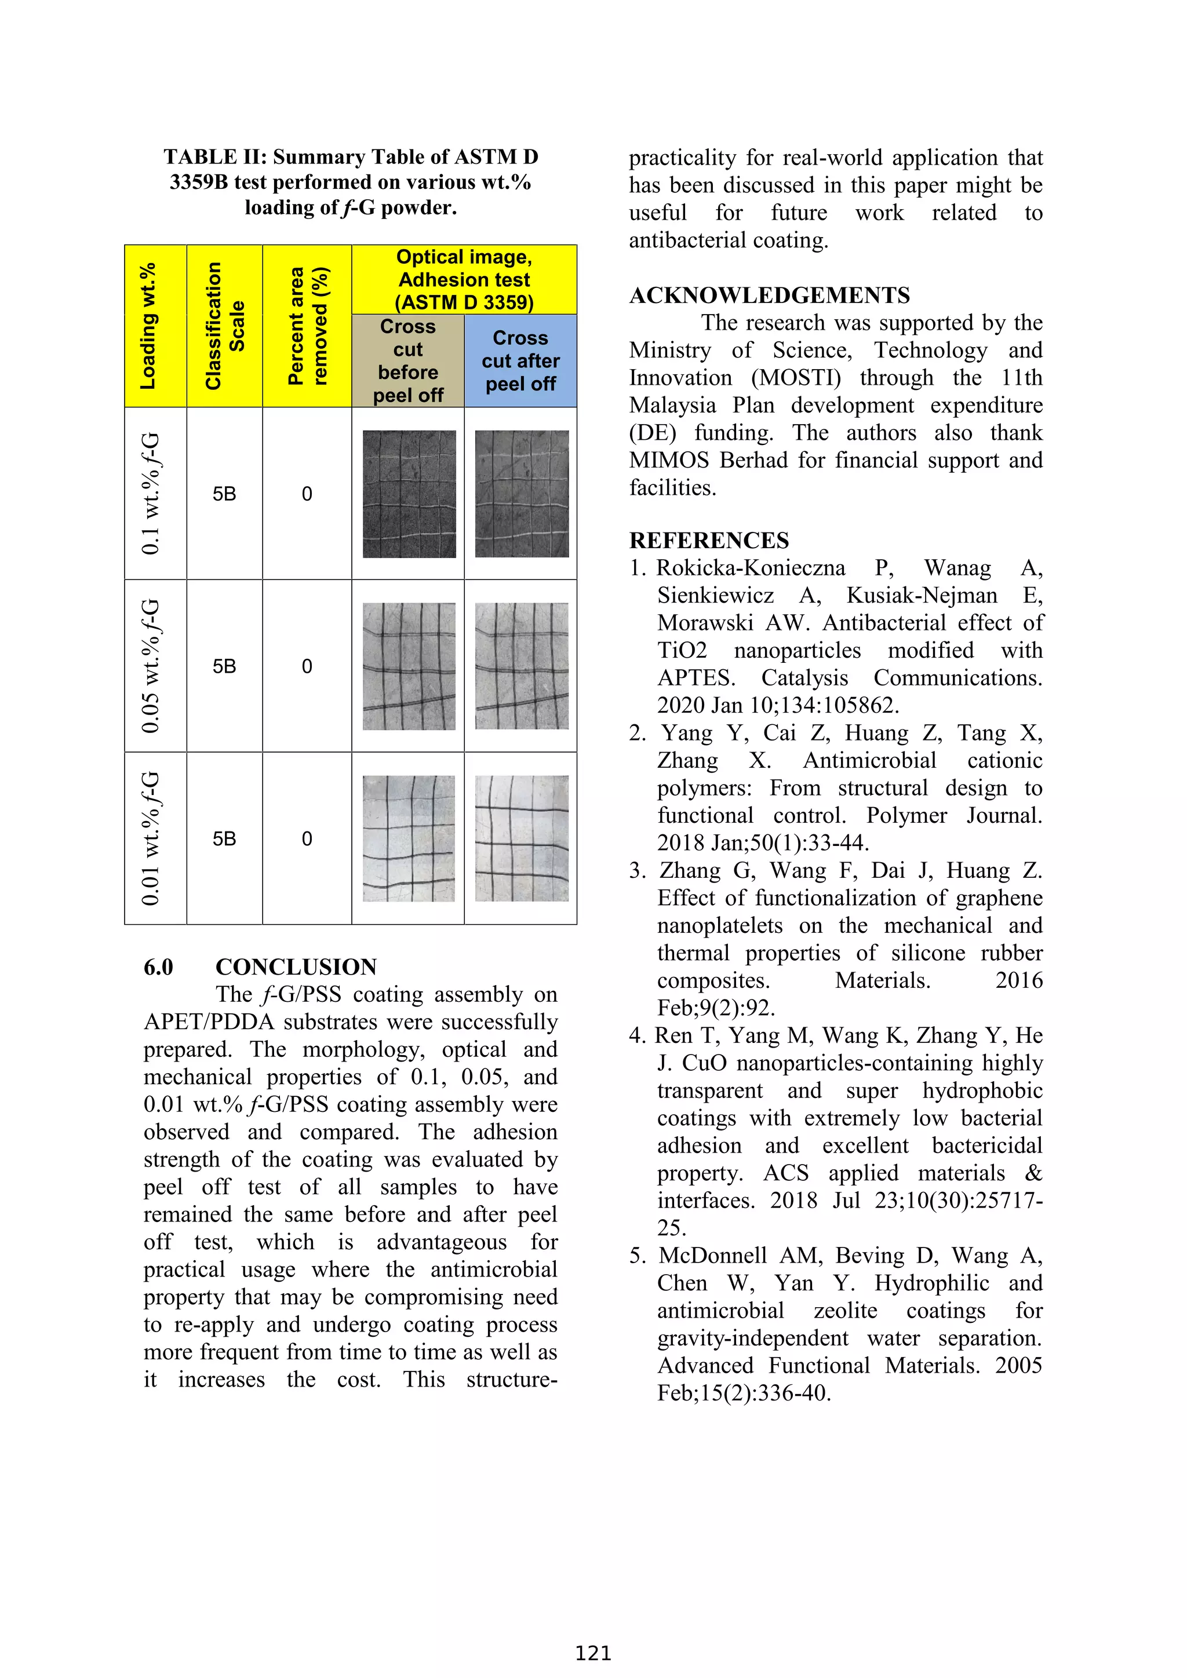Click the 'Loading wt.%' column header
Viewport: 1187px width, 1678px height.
coord(148,326)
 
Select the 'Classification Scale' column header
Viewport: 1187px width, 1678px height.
coord(224,326)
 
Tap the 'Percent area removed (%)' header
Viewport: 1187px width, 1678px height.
coord(307,326)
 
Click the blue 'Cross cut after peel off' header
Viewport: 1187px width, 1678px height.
coord(520,361)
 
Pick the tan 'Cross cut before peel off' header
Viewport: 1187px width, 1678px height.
coord(408,361)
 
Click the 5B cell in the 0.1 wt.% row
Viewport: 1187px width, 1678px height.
coord(224,494)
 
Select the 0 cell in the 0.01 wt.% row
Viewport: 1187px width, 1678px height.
coord(307,839)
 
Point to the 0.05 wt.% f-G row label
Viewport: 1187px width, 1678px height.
coord(151,666)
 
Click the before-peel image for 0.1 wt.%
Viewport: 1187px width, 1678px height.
coord(409,494)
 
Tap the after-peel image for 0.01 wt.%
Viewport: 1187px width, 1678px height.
coord(521,838)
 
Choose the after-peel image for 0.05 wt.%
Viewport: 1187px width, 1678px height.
coord(521,666)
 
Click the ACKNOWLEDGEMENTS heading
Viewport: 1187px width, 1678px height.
coord(769,296)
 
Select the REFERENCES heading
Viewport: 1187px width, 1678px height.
coord(709,541)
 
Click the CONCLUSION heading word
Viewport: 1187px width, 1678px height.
coord(296,967)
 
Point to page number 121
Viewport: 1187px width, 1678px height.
coord(593,1653)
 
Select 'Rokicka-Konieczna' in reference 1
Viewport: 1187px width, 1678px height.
coord(751,568)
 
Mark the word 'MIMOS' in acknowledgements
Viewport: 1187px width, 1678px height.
coord(669,461)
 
